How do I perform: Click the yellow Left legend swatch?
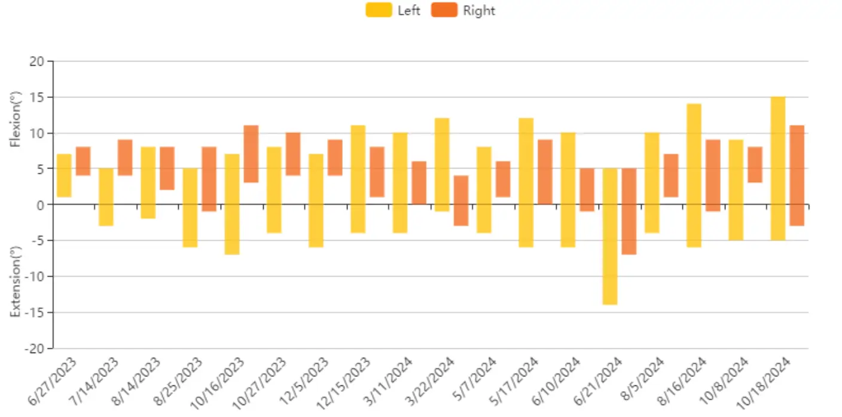coord(379,10)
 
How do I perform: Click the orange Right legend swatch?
coord(444,10)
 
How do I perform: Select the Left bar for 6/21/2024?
coord(610,237)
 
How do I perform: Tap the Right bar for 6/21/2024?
coord(629,211)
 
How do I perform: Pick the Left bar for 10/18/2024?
coord(778,168)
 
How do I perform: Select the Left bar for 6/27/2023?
coord(64,176)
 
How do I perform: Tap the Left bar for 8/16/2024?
coord(694,176)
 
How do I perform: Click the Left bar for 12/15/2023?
coord(358,179)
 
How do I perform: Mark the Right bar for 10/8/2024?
coord(755,165)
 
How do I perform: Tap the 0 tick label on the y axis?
coord(41,205)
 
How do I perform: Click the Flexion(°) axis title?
coord(16,119)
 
